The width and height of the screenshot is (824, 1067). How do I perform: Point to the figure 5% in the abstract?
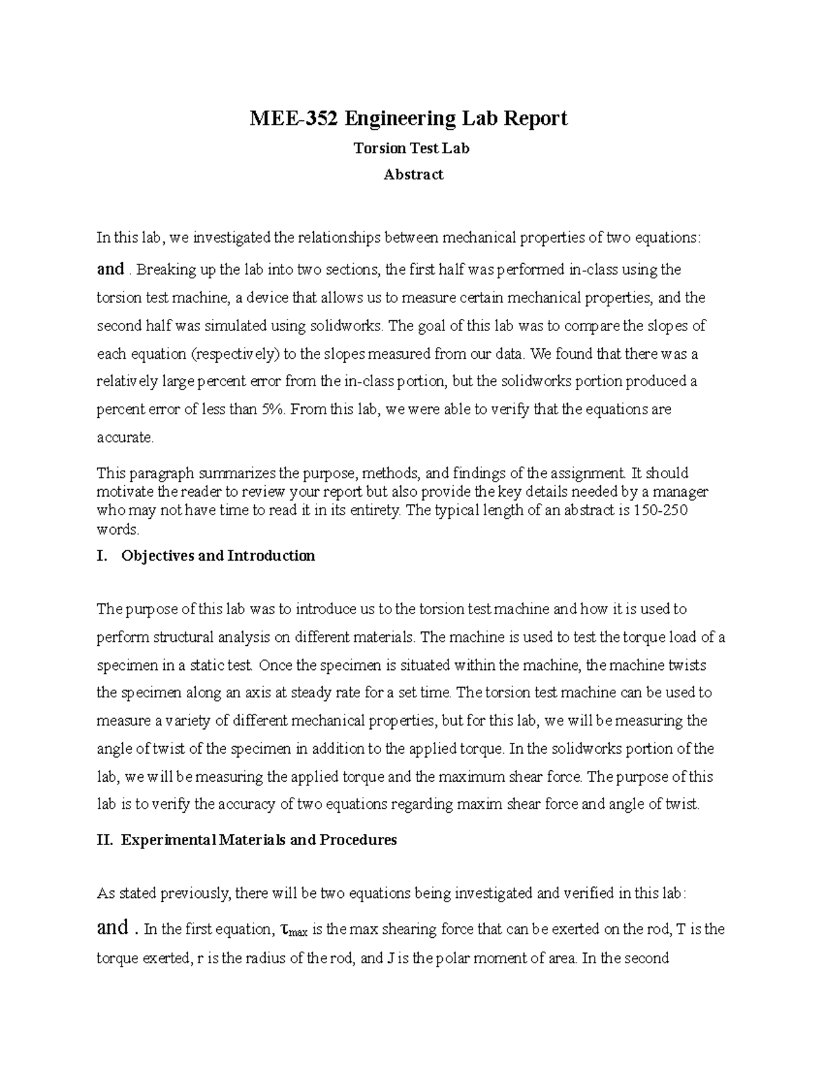[x=272, y=409]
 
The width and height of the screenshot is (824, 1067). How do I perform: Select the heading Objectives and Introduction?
[x=218, y=556]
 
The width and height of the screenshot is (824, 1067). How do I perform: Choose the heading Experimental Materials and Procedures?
[x=259, y=840]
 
